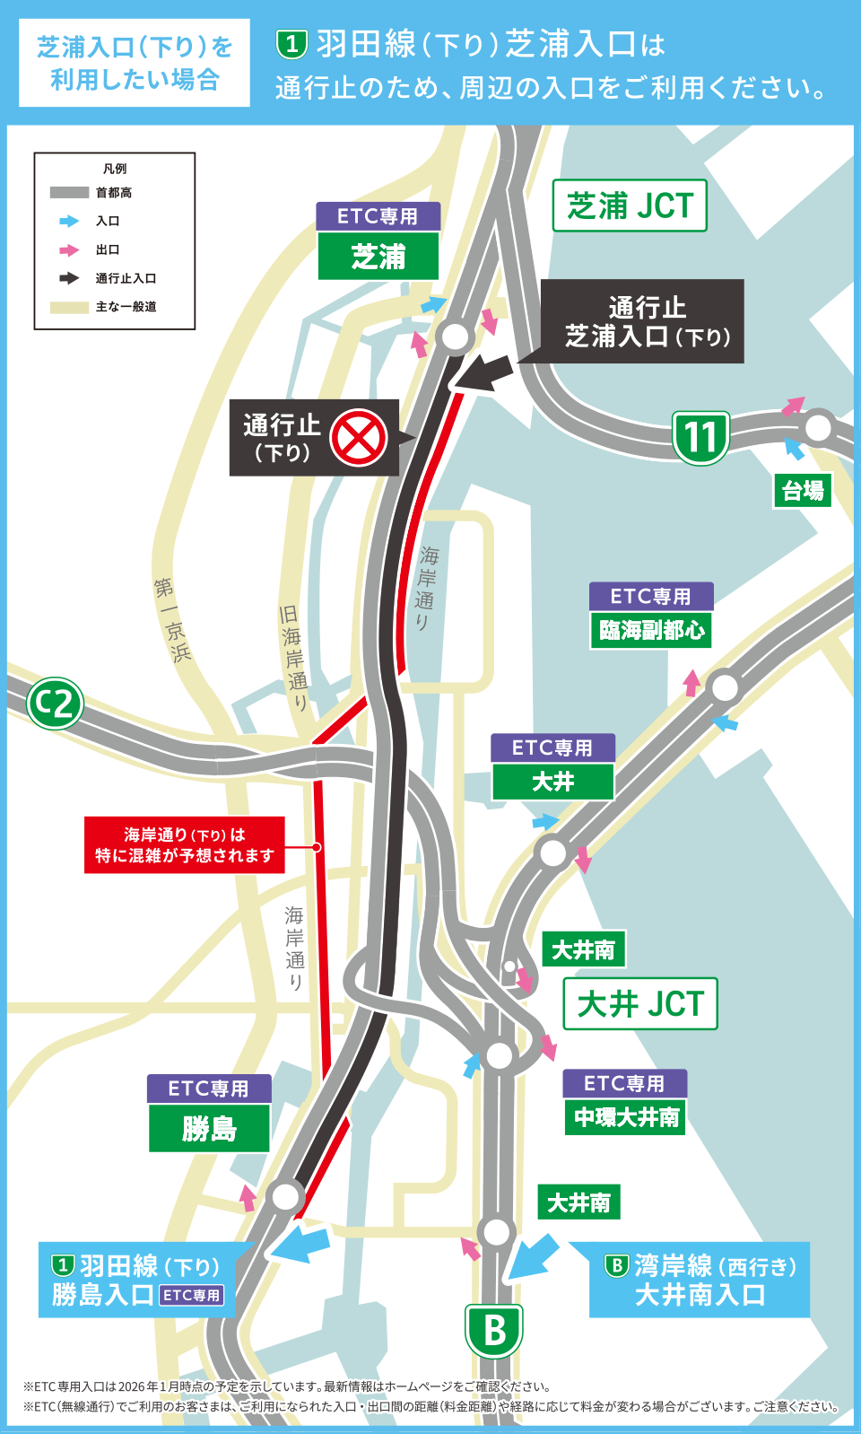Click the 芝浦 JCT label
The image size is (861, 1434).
tap(630, 205)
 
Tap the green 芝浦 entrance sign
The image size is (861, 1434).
tap(378, 257)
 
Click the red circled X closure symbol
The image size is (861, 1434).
tap(358, 438)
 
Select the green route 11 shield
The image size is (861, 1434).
tap(700, 437)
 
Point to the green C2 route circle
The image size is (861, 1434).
tap(55, 704)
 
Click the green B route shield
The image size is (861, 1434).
tap(493, 1330)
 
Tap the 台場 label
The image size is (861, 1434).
tap(803, 491)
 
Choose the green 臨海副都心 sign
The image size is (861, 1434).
tap(651, 630)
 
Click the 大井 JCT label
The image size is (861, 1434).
tap(640, 1003)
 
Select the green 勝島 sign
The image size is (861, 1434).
tap(209, 1128)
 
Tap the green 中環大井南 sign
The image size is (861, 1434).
tap(626, 1117)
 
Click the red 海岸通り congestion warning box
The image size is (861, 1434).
tap(185, 844)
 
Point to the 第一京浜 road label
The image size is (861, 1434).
tap(171, 620)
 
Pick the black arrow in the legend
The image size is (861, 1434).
tap(69, 278)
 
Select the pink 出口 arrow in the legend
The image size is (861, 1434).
tap(69, 249)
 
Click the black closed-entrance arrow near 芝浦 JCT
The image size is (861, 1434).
tap(484, 373)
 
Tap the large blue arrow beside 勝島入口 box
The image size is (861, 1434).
tap(300, 1244)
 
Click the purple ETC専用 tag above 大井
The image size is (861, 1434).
tap(552, 748)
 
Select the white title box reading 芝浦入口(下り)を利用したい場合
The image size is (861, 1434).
tap(135, 63)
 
